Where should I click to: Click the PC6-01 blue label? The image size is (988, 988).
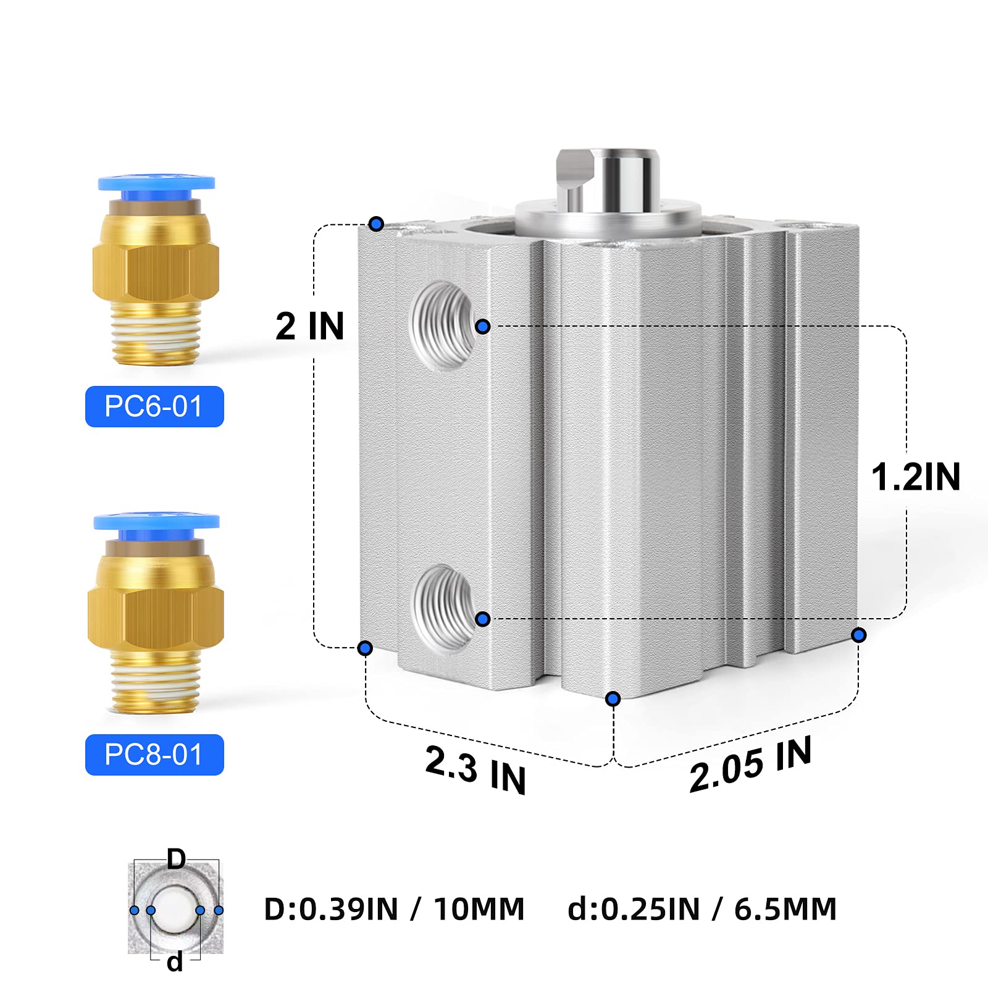point(154,406)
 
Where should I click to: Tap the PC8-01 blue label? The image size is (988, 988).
point(154,755)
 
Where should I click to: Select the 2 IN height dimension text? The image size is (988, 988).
point(309,325)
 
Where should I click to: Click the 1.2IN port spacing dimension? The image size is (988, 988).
point(915,477)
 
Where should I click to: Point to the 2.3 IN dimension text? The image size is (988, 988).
point(475,769)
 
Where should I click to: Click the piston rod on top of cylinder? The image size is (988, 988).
point(608,179)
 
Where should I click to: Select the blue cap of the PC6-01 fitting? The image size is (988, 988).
point(156,183)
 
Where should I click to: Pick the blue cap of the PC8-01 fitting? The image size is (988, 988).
point(156,522)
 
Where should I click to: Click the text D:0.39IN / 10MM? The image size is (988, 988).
point(394,909)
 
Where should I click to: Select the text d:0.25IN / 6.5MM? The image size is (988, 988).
point(701,909)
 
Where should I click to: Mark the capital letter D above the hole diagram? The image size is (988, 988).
point(176,859)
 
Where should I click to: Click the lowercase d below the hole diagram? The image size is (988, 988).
point(175,961)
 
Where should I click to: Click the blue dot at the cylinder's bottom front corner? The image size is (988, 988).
point(613,698)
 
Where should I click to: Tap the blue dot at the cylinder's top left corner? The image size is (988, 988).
point(376,224)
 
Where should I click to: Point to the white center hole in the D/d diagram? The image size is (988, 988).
point(175,910)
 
